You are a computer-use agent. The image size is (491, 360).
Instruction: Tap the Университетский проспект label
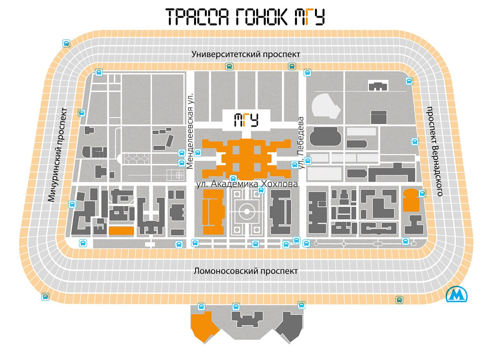click(246, 54)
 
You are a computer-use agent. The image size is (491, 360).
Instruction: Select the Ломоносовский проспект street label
click(245, 271)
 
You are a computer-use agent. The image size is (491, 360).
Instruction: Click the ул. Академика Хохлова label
click(247, 184)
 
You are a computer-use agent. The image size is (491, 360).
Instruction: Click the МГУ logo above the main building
click(246, 120)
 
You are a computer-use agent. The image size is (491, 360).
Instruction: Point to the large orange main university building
click(246, 157)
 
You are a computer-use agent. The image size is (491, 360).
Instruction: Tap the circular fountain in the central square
click(245, 211)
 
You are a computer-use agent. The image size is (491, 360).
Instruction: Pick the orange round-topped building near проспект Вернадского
click(411, 200)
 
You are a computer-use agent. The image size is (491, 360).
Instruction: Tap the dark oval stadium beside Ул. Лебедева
click(326, 136)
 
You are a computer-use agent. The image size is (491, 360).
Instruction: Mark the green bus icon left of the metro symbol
click(399, 300)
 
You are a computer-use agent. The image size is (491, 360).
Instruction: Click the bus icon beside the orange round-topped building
click(422, 193)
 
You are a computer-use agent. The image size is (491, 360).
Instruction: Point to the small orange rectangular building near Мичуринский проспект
click(121, 231)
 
